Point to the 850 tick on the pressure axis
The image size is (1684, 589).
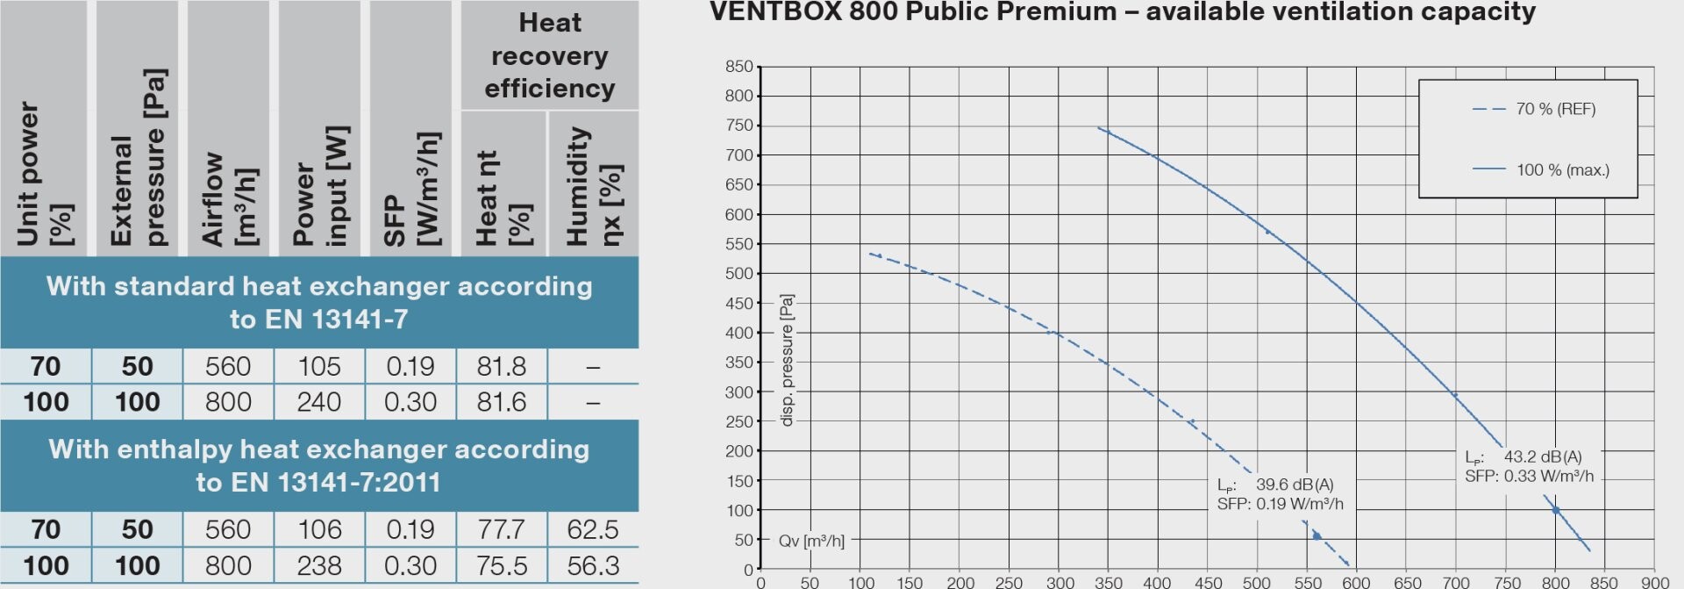tap(739, 67)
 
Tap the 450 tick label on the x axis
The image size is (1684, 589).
tap(1207, 582)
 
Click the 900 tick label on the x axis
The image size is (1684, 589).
tap(1654, 582)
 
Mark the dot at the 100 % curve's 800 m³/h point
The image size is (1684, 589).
tap(1556, 510)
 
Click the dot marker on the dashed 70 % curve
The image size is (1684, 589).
tap(1317, 535)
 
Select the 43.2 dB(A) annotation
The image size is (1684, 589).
tap(1542, 456)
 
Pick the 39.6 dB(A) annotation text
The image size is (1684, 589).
tap(1294, 485)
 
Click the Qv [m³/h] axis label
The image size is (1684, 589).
tap(811, 541)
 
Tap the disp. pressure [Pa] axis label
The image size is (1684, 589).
tap(787, 360)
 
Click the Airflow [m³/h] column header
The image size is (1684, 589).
tap(228, 198)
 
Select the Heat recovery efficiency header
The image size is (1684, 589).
tap(549, 55)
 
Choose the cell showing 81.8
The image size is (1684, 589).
tap(502, 366)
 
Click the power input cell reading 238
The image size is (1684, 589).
tap(319, 565)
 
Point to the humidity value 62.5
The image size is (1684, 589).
tap(593, 529)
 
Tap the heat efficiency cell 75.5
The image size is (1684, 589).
tap(502, 565)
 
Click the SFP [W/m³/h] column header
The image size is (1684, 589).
tap(410, 189)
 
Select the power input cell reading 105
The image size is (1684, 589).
tap(319, 366)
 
